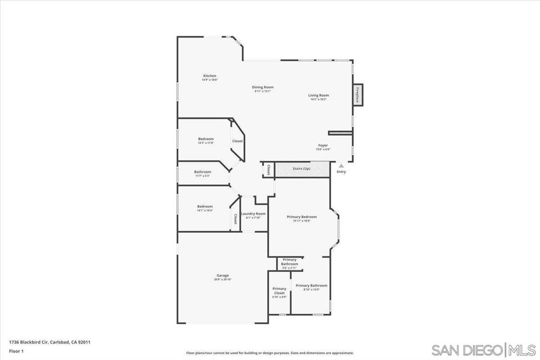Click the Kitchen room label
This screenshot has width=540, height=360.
(210, 76)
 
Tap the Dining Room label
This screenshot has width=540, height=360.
(263, 87)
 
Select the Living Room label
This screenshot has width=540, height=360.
(319, 96)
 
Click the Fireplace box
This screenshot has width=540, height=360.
(358, 95)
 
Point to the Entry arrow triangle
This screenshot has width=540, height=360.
(341, 166)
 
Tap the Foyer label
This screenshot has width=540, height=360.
(323, 145)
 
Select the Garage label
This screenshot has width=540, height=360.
(223, 276)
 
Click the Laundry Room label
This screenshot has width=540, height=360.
(254, 214)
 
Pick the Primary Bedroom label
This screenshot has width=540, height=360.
(302, 217)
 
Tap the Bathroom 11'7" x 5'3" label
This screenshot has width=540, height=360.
(202, 172)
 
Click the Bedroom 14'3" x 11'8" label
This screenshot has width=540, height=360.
(206, 139)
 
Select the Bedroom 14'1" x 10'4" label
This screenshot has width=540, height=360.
(205, 207)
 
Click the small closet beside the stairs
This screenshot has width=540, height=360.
(268, 170)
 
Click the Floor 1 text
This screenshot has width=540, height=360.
(16, 351)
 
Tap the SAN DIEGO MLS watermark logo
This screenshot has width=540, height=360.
(483, 349)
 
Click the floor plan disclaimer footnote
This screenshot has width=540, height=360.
(269, 353)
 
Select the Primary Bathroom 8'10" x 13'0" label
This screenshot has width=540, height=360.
(311, 286)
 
